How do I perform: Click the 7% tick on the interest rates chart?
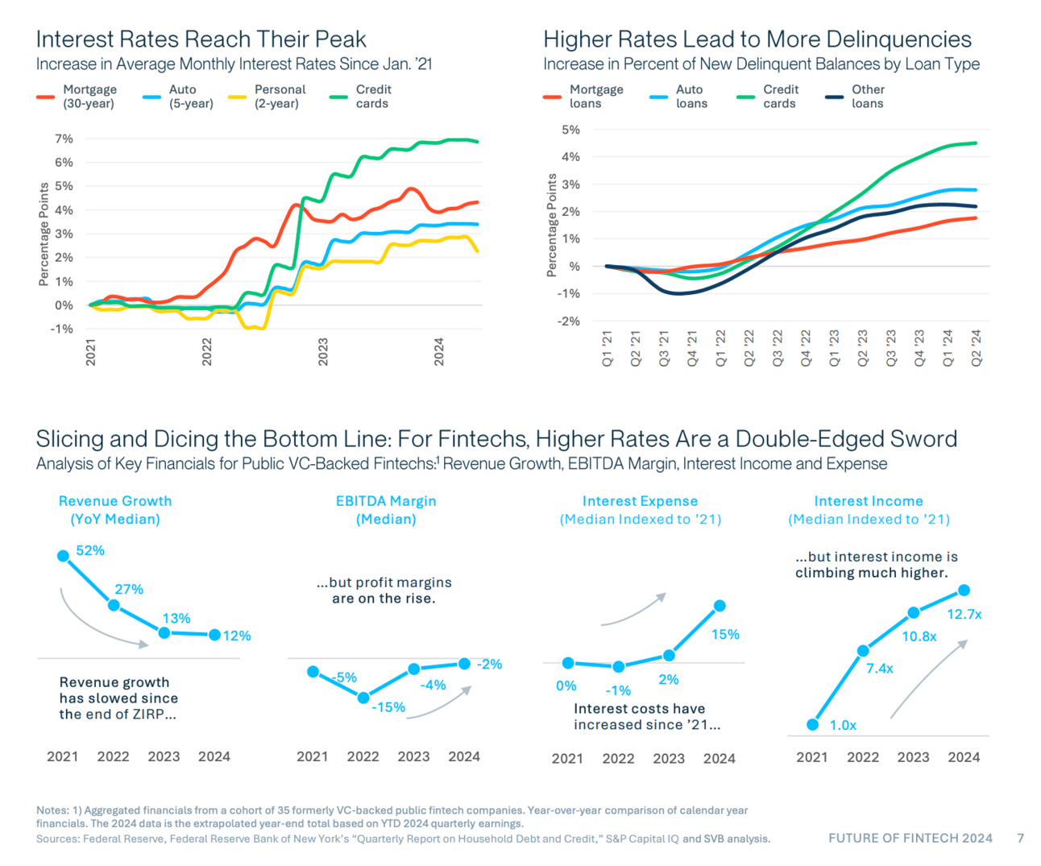(x=64, y=139)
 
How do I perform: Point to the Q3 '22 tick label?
(x=778, y=348)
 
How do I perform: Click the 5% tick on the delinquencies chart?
(x=570, y=130)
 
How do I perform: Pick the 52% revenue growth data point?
(x=63, y=556)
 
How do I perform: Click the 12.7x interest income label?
(x=964, y=614)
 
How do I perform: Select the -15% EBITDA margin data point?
(x=363, y=698)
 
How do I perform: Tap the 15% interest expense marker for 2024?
(x=720, y=606)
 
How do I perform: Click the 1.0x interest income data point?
(x=812, y=725)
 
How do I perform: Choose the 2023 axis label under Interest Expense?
(x=669, y=758)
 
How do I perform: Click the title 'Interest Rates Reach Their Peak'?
(x=201, y=39)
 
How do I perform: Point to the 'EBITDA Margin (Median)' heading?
(x=386, y=510)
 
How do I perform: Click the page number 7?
(x=1020, y=838)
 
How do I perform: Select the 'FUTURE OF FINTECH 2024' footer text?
(x=910, y=838)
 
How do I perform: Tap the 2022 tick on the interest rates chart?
(x=207, y=352)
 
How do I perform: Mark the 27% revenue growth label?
(x=129, y=590)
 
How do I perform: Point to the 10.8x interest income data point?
(x=913, y=613)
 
